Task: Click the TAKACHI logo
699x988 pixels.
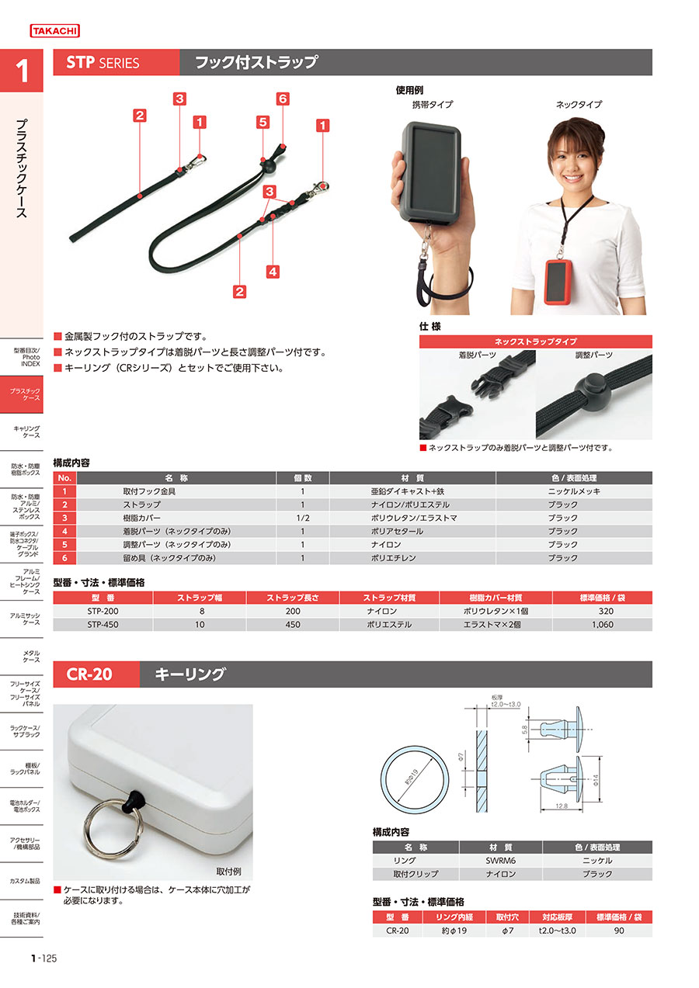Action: (x=54, y=31)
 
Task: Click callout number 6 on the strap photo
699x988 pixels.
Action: (x=283, y=99)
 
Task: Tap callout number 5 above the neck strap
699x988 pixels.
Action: (x=263, y=122)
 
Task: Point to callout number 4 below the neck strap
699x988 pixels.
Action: (x=273, y=272)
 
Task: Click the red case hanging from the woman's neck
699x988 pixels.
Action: (x=558, y=282)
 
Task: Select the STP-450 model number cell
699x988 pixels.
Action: (x=103, y=625)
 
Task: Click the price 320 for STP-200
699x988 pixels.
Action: (x=606, y=612)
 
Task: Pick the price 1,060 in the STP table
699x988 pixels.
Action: (x=603, y=625)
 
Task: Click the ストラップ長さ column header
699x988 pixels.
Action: (x=293, y=598)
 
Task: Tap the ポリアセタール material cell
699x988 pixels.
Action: (x=397, y=532)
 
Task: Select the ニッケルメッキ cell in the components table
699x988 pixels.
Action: (x=574, y=491)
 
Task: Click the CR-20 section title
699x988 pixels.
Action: (x=89, y=674)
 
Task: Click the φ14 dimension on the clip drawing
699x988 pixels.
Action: (x=595, y=780)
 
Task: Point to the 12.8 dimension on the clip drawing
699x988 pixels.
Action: (x=561, y=806)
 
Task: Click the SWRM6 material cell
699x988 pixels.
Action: (x=500, y=861)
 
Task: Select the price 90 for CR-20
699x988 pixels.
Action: (x=619, y=931)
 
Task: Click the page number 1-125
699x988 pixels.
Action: (x=44, y=958)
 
